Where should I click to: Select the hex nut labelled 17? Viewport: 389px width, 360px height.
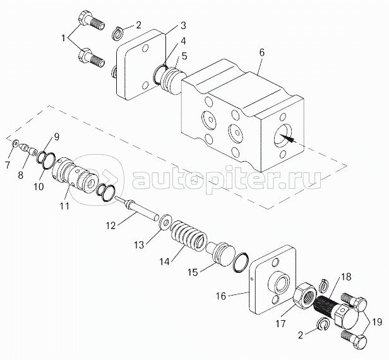pos(306,296)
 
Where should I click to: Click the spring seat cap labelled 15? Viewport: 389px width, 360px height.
pos(219,251)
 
